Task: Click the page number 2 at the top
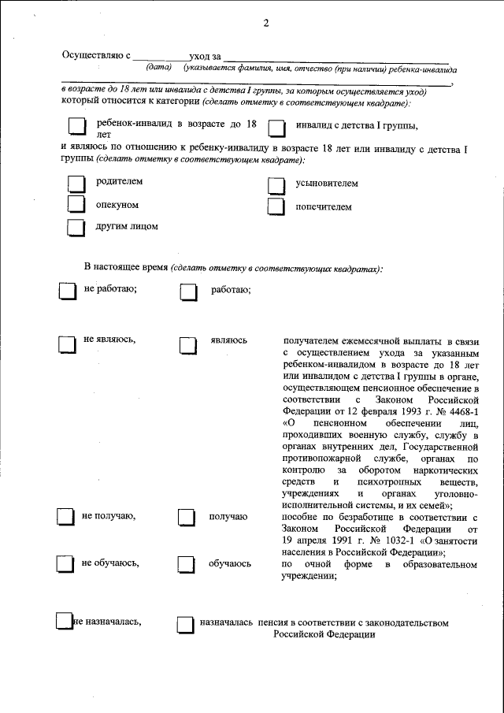coord(266,23)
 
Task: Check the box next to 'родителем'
coord(75,184)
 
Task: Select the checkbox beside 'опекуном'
coord(75,205)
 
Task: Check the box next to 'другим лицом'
coord(75,228)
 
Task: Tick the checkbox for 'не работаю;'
coord(65,291)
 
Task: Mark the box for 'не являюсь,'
coord(65,344)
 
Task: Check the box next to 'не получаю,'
coord(65,517)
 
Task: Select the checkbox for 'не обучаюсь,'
coord(65,564)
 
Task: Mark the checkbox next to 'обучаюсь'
coord(186,565)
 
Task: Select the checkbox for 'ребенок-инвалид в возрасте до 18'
coord(75,127)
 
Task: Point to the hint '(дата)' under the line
coord(159,69)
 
